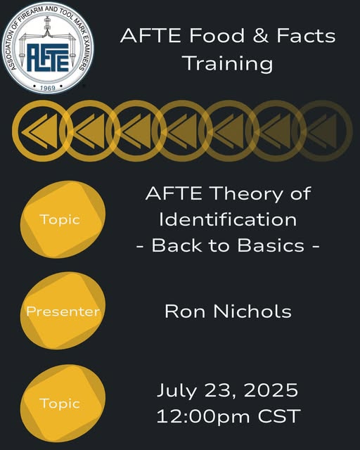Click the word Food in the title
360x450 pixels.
pyautogui.click(x=217, y=36)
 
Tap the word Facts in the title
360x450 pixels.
pyautogui.click(x=306, y=36)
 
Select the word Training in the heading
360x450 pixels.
pyautogui.click(x=229, y=63)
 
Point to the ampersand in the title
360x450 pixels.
pyautogui.click(x=261, y=36)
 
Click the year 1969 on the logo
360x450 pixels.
pyautogui.click(x=47, y=88)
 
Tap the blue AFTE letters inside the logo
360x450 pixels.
pyautogui.click(x=48, y=58)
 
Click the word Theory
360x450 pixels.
pyautogui.click(x=247, y=194)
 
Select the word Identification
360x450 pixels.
pyautogui.click(x=228, y=219)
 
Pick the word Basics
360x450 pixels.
pyautogui.click(x=271, y=245)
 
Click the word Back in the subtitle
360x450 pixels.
pyautogui.click(x=176, y=245)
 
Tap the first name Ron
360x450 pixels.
pyautogui.click(x=185, y=311)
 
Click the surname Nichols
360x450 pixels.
pyautogui.click(x=252, y=311)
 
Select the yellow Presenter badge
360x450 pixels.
pyautogui.click(x=63, y=311)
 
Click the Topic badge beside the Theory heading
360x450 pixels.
pyautogui.click(x=63, y=219)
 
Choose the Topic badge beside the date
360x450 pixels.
pyautogui.click(x=63, y=403)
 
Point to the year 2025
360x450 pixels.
pyautogui.click(x=271, y=390)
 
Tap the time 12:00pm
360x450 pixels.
pyautogui.click(x=203, y=416)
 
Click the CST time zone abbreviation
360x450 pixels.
pyautogui.click(x=279, y=416)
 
